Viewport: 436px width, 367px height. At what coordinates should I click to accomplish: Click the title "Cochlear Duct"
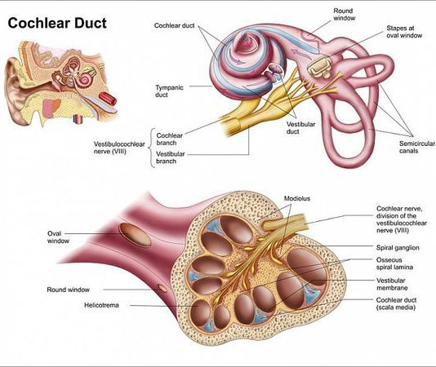click(57, 23)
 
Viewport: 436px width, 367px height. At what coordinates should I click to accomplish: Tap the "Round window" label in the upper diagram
click(345, 15)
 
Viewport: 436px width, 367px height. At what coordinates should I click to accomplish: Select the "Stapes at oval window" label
click(404, 32)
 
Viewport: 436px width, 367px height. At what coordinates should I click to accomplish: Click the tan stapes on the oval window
click(319, 67)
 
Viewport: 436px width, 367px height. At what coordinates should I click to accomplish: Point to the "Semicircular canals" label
click(417, 147)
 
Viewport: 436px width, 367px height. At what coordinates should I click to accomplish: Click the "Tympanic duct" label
click(169, 91)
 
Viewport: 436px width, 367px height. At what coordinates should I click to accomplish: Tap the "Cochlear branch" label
click(170, 139)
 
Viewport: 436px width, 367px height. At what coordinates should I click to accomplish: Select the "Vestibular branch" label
click(170, 157)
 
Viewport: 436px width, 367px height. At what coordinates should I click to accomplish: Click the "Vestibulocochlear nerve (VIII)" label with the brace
click(119, 148)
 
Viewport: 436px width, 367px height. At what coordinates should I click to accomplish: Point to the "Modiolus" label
click(297, 198)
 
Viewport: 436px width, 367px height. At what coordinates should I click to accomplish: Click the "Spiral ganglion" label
click(398, 248)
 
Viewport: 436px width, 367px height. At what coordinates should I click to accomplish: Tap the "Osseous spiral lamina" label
click(394, 263)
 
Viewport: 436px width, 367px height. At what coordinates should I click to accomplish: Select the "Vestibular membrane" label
click(392, 284)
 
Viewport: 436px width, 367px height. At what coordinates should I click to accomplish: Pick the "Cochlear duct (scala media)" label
click(396, 303)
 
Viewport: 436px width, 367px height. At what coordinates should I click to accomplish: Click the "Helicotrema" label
click(101, 305)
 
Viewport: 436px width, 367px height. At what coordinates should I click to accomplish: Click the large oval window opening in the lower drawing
click(135, 235)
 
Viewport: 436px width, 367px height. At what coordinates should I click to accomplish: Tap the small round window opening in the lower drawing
click(162, 288)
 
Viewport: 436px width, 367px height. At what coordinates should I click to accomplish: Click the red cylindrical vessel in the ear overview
click(108, 98)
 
